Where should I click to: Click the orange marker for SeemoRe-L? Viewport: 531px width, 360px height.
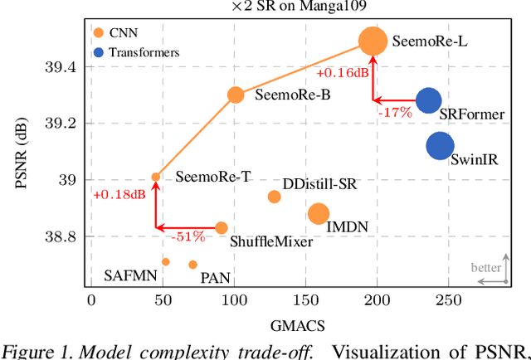[373, 41]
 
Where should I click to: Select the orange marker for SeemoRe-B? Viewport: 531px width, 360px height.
[236, 95]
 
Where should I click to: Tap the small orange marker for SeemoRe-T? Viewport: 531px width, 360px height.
[155, 177]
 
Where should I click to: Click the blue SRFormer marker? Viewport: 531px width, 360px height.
[428, 101]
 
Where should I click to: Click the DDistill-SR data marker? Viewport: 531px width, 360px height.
[274, 197]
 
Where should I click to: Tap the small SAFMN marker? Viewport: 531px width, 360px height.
[165, 262]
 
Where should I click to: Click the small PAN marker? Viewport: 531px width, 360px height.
[192, 265]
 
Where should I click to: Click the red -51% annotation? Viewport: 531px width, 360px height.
[188, 236]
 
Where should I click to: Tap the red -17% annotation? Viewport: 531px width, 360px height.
[391, 110]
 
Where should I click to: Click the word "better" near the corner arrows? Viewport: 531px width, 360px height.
[486, 268]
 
